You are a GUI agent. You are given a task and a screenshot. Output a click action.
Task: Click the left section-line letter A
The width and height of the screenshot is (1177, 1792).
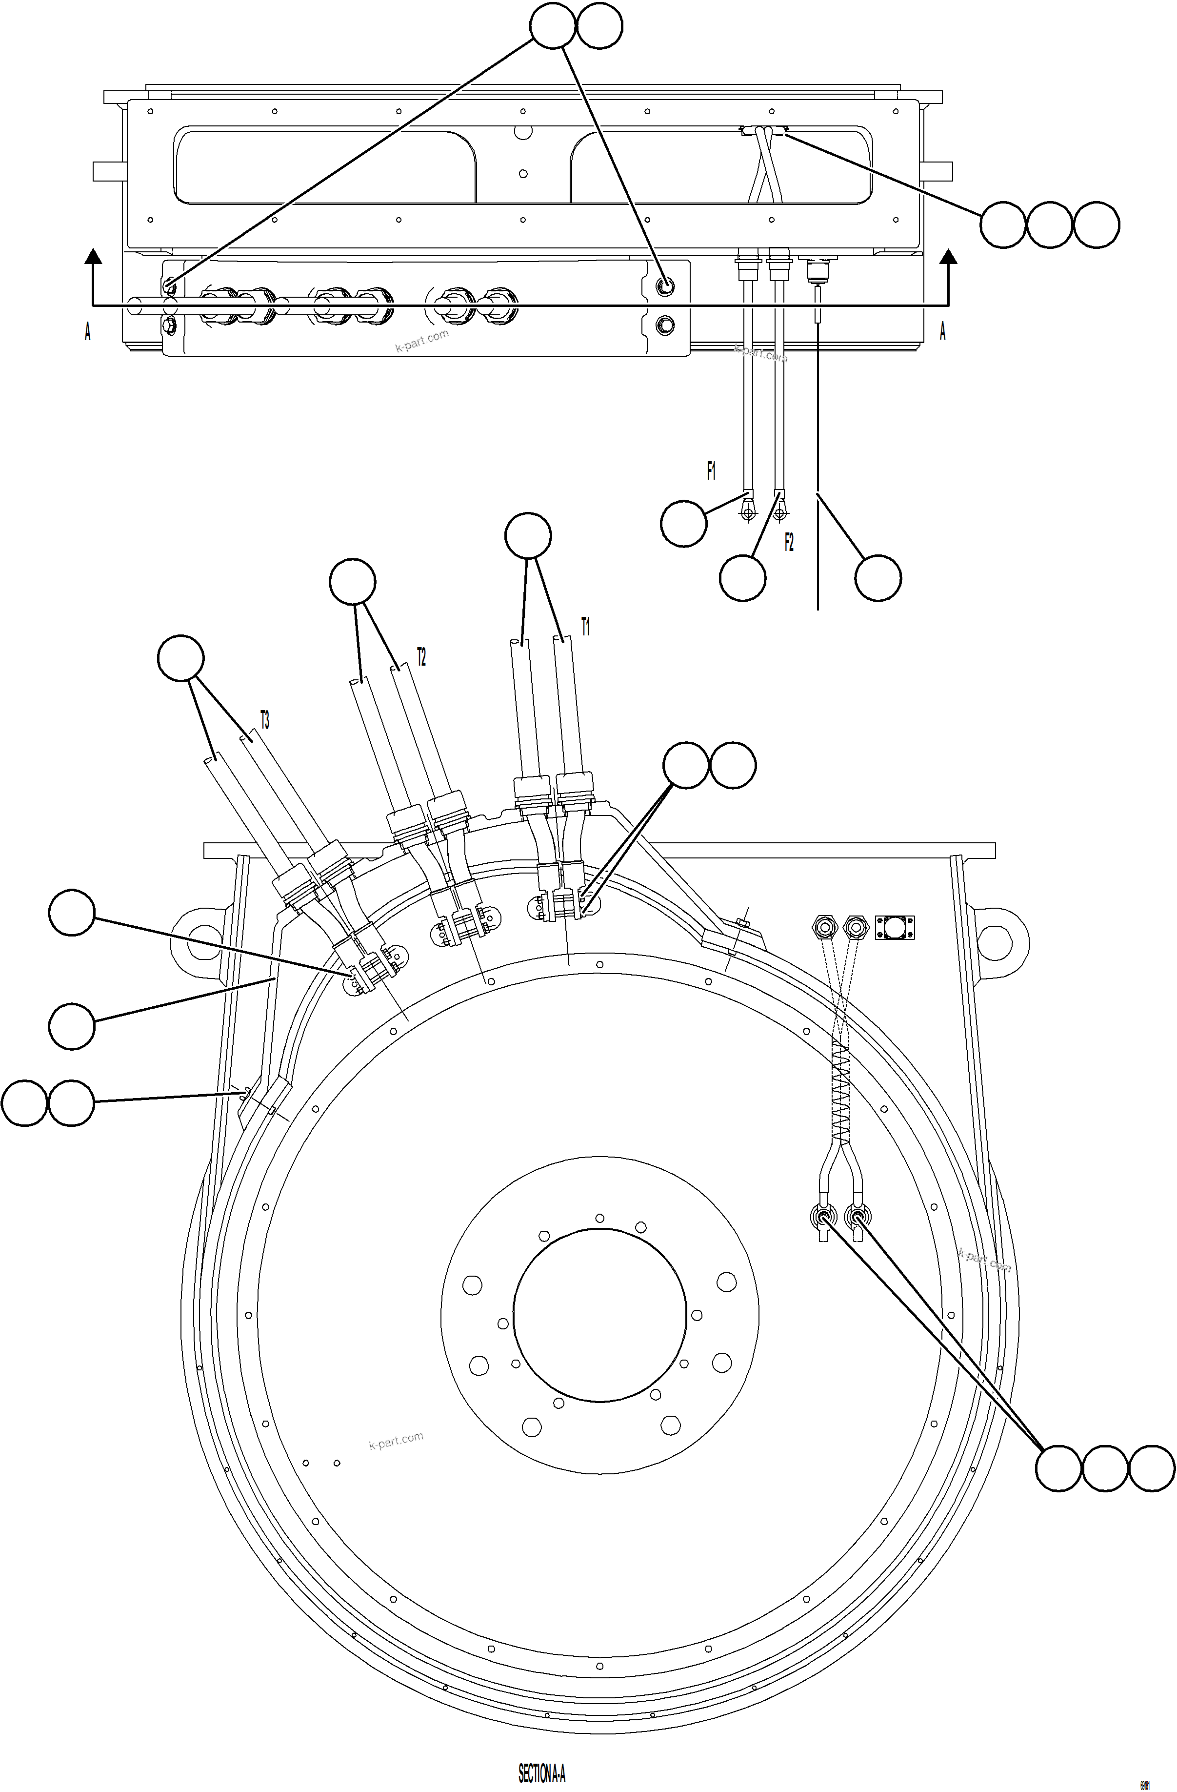(x=88, y=331)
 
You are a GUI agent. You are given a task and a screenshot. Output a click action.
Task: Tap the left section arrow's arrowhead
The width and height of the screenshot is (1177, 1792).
(x=93, y=256)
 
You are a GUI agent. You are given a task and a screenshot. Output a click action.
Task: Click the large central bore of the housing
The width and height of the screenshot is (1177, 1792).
(x=600, y=1314)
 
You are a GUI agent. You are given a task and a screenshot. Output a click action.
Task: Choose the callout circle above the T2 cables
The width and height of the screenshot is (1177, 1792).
(x=353, y=581)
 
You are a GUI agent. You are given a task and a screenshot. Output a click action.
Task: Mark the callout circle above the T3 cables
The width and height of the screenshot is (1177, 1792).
(x=180, y=658)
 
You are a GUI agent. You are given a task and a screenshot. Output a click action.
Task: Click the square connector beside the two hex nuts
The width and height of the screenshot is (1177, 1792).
(x=895, y=926)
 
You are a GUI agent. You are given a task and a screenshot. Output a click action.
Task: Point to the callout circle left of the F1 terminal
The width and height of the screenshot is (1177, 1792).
(x=683, y=524)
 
